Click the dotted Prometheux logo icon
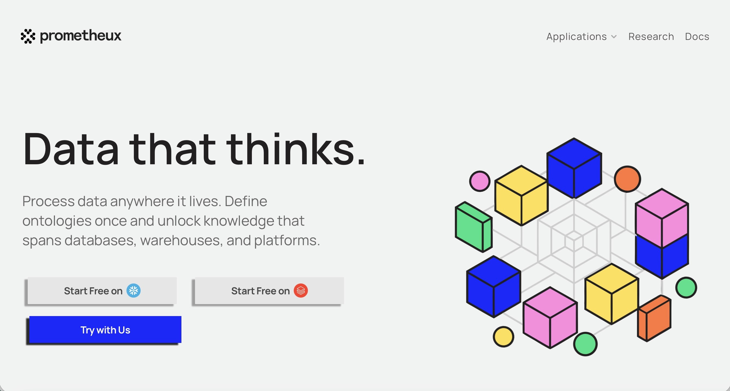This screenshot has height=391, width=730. tap(28, 36)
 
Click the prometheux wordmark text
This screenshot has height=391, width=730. tap(81, 36)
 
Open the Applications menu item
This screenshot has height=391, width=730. tap(576, 36)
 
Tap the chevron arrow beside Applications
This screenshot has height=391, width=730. tap(614, 37)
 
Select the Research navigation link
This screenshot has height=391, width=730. tap(651, 36)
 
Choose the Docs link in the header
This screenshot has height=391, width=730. tap(697, 36)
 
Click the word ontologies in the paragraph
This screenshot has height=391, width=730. tap(57, 221)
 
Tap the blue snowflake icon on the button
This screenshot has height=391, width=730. tap(134, 291)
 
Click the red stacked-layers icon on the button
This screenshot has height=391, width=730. tap(301, 291)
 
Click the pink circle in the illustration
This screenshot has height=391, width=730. tap(480, 181)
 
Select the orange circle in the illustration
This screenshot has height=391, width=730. tap(627, 179)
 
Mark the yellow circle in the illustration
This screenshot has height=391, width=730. tap(503, 337)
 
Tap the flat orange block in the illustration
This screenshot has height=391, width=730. tap(655, 318)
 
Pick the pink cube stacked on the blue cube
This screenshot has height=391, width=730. tap(662, 218)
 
